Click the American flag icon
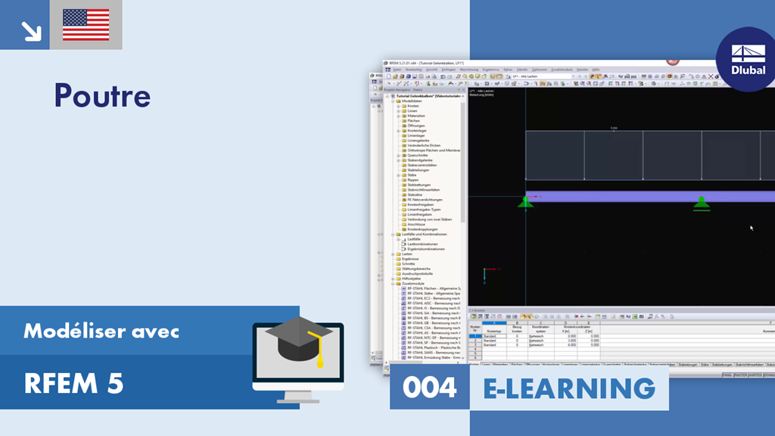click(86, 24)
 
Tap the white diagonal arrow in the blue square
click(31, 30)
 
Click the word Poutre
click(102, 96)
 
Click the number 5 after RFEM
click(115, 384)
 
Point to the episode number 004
click(429, 388)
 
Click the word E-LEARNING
click(569, 388)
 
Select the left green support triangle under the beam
click(525, 201)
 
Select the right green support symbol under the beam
click(702, 202)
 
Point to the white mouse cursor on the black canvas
click(752, 227)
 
